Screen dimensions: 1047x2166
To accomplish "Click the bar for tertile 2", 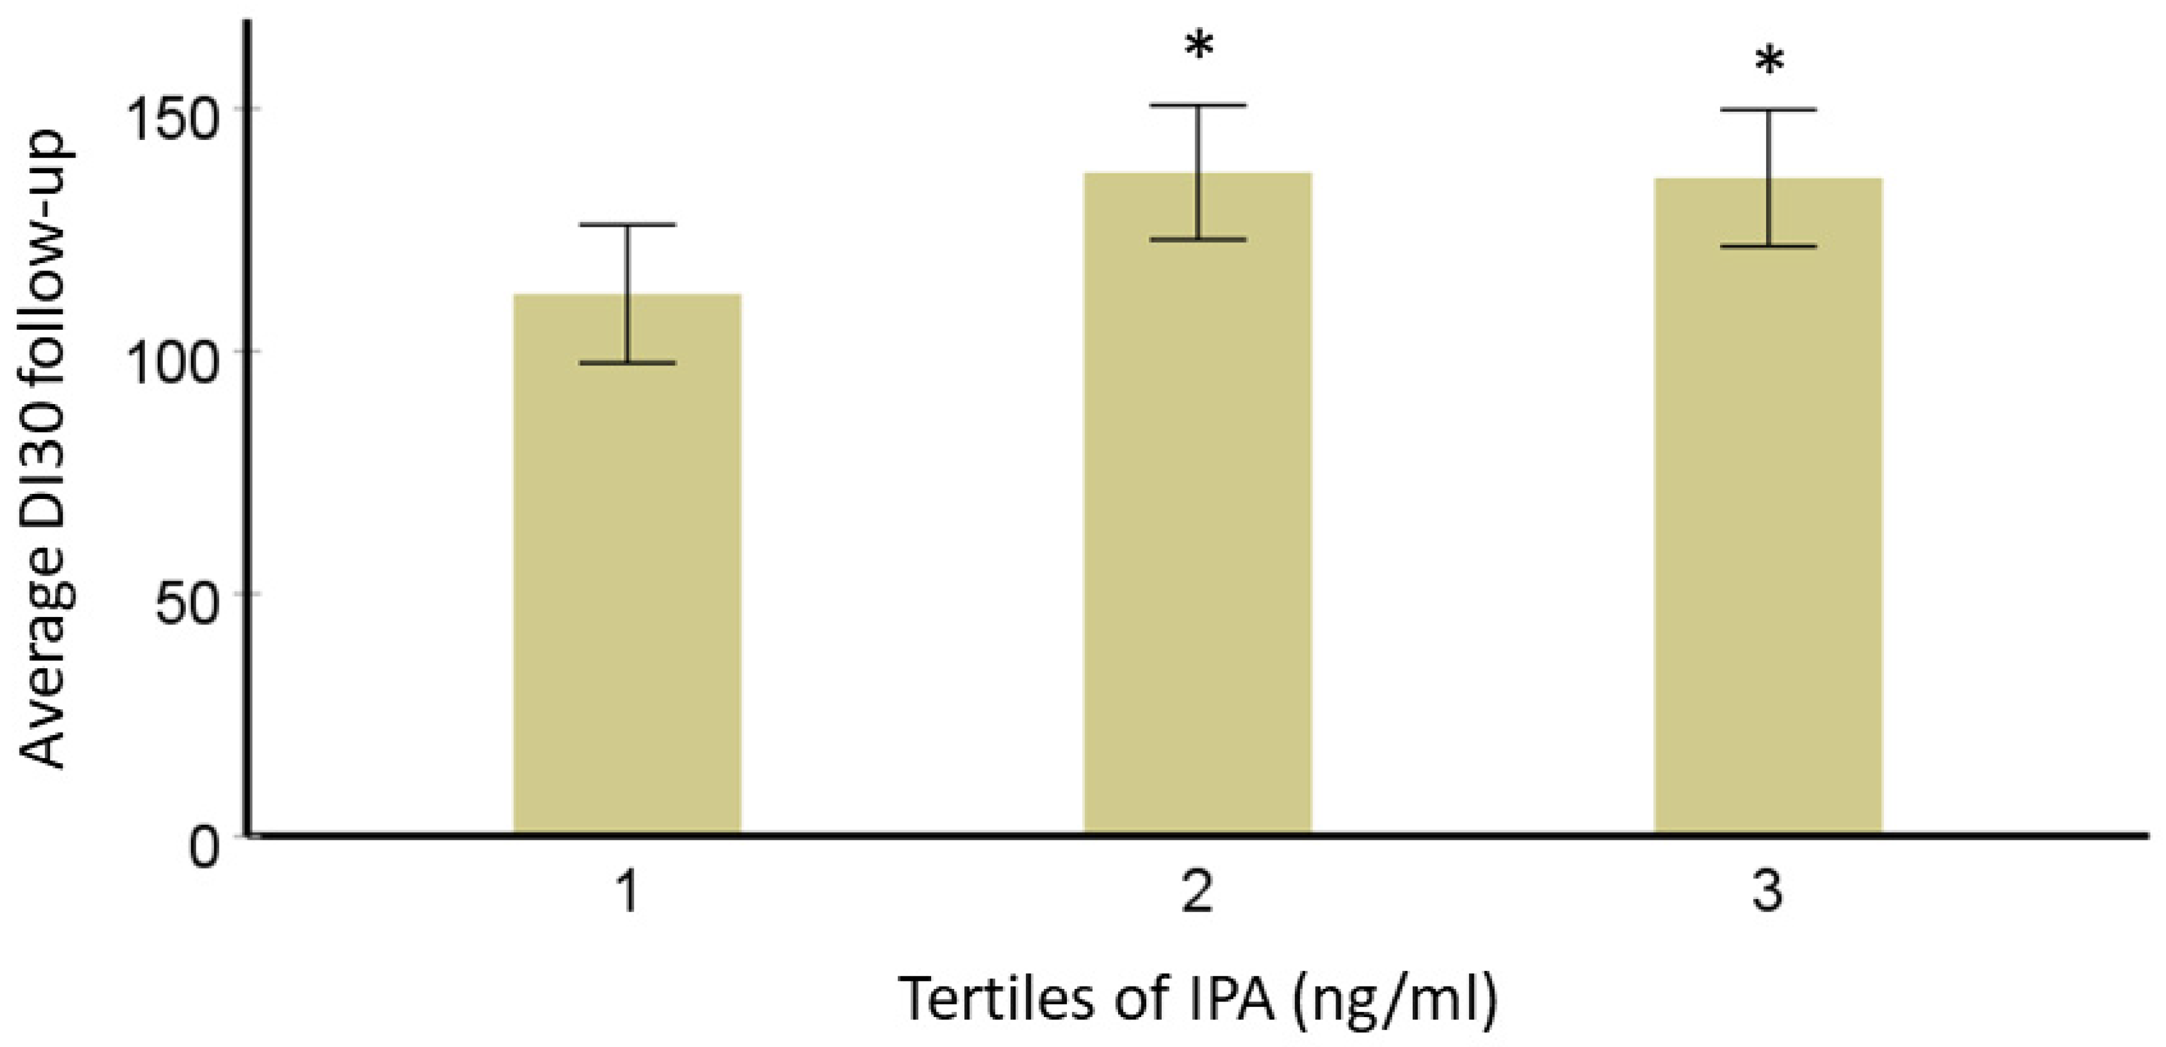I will pyautogui.click(x=1198, y=505).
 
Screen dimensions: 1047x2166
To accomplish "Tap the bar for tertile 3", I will pyautogui.click(x=1767, y=505).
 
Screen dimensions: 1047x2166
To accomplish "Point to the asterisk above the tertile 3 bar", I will pyautogui.click(x=1769, y=63).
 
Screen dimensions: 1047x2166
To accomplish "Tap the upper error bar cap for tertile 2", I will pyautogui.click(x=1198, y=105).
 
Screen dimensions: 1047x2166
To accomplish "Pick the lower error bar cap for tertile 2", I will pyautogui.click(x=1198, y=239).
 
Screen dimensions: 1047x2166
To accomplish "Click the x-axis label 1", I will pyautogui.click(x=629, y=893).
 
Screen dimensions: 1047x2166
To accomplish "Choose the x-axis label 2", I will pyautogui.click(x=1198, y=893).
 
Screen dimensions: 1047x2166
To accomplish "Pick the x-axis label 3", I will pyautogui.click(x=1767, y=893).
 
